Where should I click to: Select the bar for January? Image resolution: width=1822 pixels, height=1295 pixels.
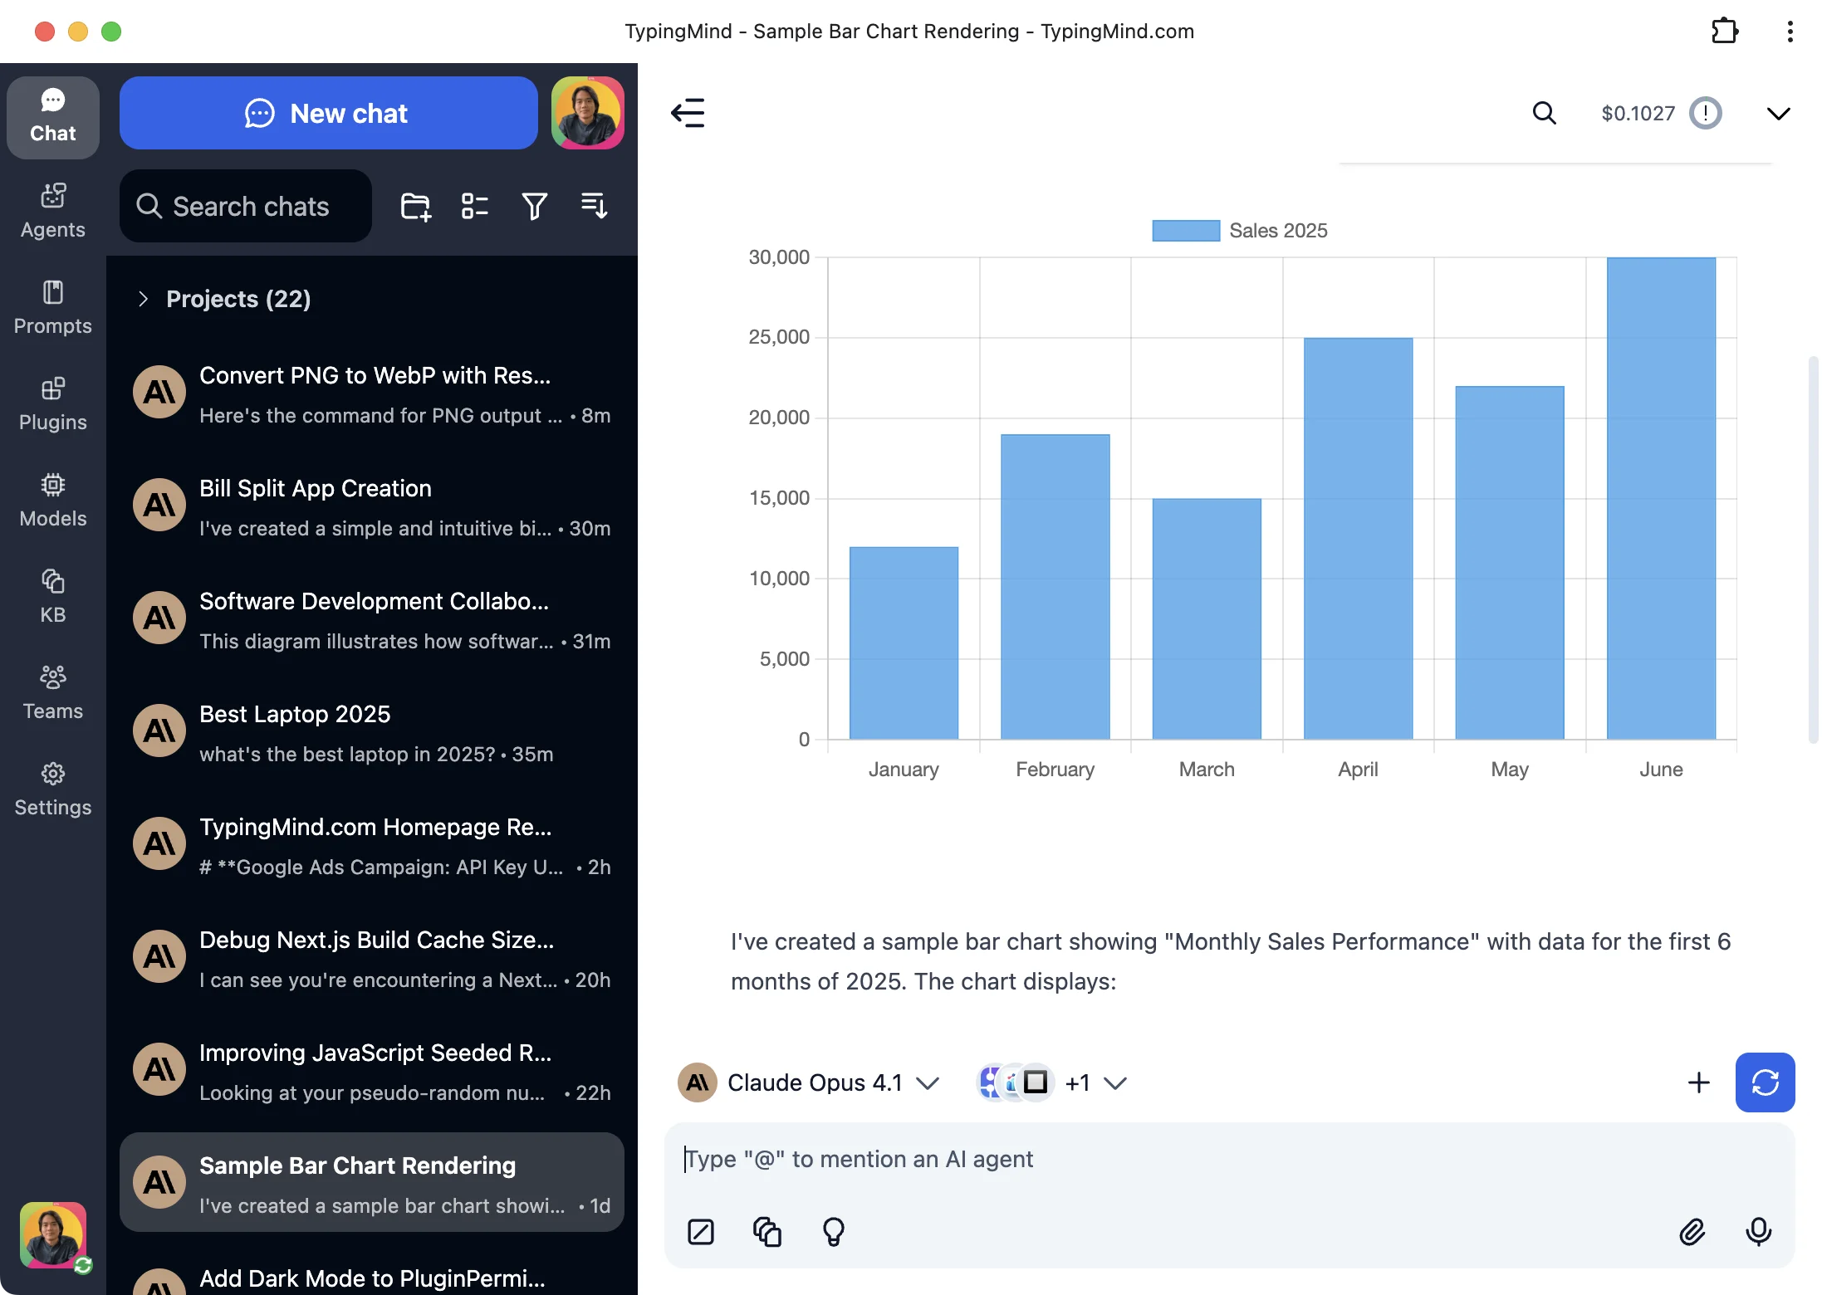click(x=904, y=643)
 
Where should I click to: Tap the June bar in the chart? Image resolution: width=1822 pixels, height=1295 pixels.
click(x=1661, y=498)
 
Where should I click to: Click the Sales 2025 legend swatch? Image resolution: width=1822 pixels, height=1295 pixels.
click(x=1185, y=231)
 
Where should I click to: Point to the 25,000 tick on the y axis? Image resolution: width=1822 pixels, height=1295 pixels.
click(x=778, y=337)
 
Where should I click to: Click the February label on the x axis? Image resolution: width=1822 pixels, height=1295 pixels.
click(x=1055, y=770)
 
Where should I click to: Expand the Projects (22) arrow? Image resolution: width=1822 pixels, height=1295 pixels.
click(x=143, y=299)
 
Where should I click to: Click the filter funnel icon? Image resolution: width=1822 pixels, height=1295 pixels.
click(x=534, y=206)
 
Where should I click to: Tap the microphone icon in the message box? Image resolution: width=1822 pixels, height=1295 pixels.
click(x=1758, y=1231)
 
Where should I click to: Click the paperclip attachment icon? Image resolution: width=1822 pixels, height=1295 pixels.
click(x=1692, y=1231)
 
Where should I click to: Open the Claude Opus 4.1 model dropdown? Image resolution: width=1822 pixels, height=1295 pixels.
click(x=926, y=1082)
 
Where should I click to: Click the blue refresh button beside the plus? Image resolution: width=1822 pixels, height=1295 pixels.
click(x=1765, y=1082)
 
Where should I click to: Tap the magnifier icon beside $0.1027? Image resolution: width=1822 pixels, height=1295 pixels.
click(x=1544, y=113)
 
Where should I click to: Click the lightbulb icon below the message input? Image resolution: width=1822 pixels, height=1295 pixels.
click(x=833, y=1231)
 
